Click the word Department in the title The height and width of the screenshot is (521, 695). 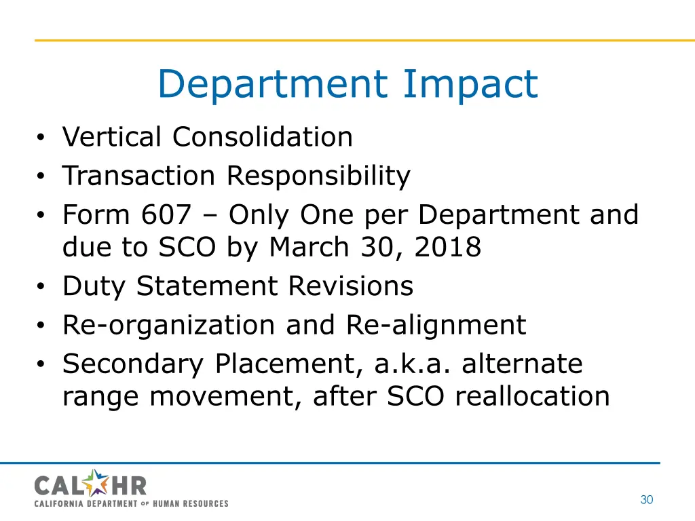[x=271, y=85]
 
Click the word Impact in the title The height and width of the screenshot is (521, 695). [x=470, y=85]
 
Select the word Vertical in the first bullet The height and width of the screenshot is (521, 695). [x=112, y=137]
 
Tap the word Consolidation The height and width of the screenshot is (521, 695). [x=262, y=137]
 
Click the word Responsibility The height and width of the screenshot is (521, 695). [x=318, y=176]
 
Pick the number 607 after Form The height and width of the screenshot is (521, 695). [x=167, y=216]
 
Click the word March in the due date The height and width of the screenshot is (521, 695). [x=309, y=248]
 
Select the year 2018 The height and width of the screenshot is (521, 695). [x=447, y=248]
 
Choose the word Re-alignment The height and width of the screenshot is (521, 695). [x=436, y=325]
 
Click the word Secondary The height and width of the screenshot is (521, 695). [x=133, y=364]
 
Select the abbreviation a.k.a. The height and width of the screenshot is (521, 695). [x=413, y=364]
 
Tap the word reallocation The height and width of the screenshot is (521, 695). [x=532, y=396]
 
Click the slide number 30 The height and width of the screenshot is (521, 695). [x=646, y=500]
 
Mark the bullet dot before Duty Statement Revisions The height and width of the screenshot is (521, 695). [x=41, y=288]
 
